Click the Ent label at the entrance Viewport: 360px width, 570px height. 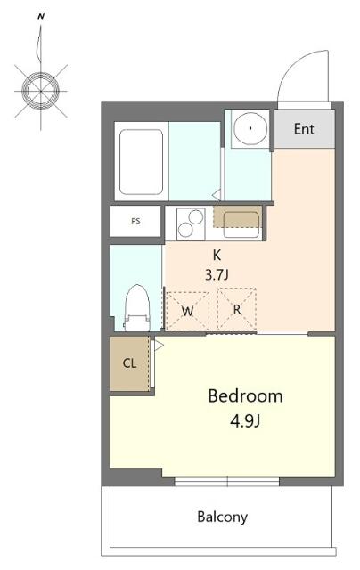[304, 128]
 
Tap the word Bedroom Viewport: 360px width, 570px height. [245, 395]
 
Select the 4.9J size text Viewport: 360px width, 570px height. [245, 421]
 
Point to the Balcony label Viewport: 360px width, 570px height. [222, 517]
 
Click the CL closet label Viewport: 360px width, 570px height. [129, 362]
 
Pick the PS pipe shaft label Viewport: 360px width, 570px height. [135, 221]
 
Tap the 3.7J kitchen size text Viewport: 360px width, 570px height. [217, 275]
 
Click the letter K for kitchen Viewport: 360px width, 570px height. [217, 256]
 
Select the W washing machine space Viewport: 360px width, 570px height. [187, 311]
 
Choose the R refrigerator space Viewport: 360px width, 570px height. [237, 309]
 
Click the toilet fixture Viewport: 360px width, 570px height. [137, 307]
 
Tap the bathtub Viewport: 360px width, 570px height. [141, 162]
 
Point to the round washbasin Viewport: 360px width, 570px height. [250, 128]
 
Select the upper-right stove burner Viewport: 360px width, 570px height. [196, 217]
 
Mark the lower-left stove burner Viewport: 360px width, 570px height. [185, 230]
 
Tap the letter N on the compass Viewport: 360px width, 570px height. [41, 16]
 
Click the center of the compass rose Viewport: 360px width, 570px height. [40, 91]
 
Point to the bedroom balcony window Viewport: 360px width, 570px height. [227, 482]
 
